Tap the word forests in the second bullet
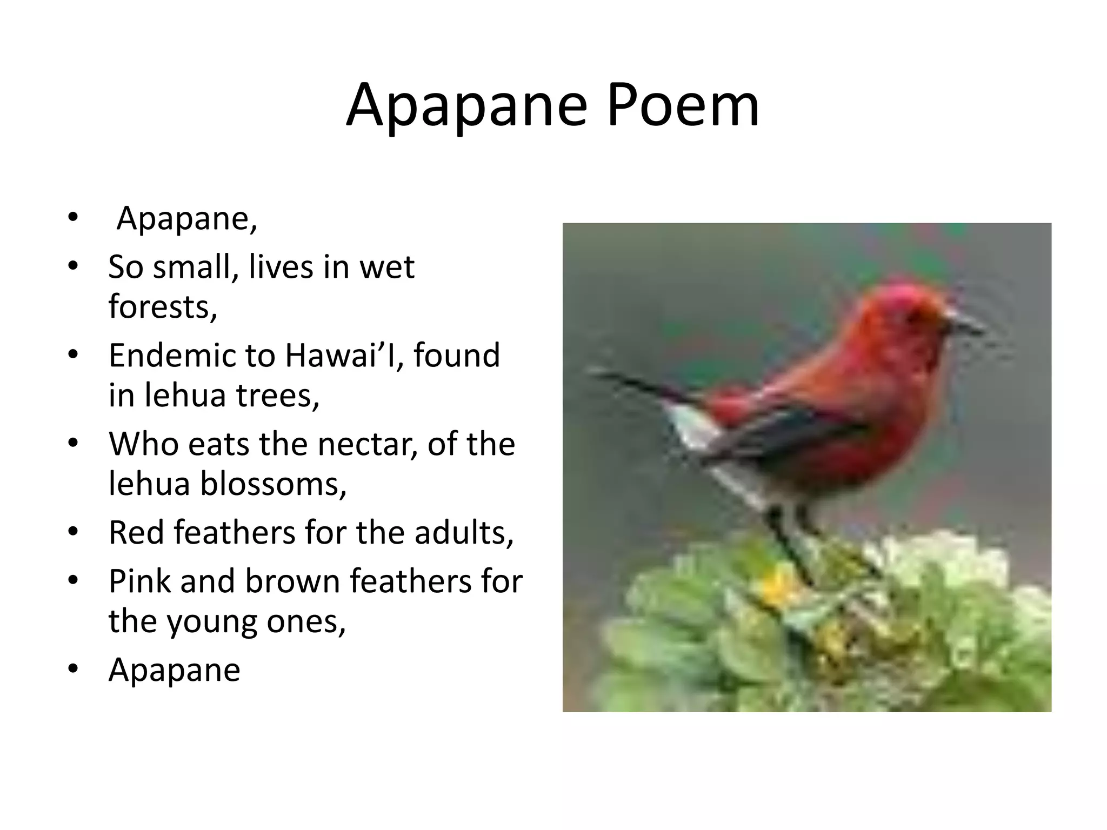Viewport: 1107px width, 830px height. tap(162, 307)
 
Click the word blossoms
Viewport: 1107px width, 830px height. tap(273, 483)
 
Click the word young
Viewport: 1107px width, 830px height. tap(211, 621)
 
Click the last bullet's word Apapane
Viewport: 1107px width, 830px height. tap(174, 670)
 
